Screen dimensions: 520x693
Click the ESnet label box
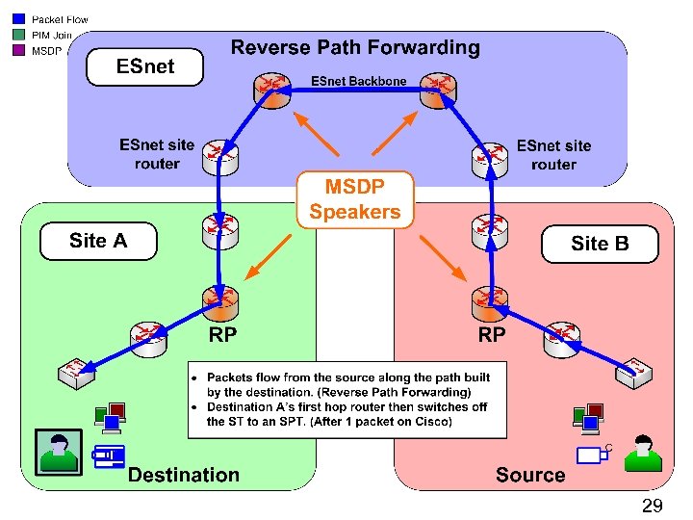click(x=145, y=66)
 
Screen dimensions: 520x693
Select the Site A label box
click(x=98, y=241)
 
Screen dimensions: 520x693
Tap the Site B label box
click(x=600, y=244)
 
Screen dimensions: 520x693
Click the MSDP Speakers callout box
click(x=354, y=199)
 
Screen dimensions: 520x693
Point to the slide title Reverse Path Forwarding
click(x=355, y=47)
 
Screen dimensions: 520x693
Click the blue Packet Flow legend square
click(x=18, y=19)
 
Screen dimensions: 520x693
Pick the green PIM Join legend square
click(x=18, y=35)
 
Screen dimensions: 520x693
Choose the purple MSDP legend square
click(x=18, y=50)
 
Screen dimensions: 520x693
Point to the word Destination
click(x=184, y=475)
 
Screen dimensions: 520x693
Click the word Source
click(x=530, y=475)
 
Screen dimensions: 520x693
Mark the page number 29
click(x=652, y=506)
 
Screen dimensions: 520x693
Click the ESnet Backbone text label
click(x=358, y=82)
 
